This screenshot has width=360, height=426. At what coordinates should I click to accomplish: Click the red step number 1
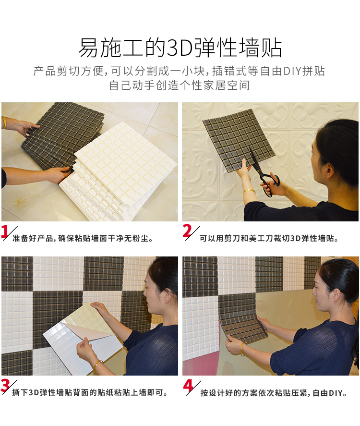pyautogui.click(x=5, y=232)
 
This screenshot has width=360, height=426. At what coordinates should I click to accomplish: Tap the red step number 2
pyautogui.click(x=187, y=231)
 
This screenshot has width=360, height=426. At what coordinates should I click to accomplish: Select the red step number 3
pyautogui.click(x=5, y=386)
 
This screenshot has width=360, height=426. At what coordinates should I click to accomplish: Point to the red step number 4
pyautogui.click(x=188, y=386)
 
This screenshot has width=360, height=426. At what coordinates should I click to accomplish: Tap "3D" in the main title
pyautogui.click(x=179, y=48)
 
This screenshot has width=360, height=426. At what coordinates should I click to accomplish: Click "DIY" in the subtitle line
pyautogui.click(x=292, y=71)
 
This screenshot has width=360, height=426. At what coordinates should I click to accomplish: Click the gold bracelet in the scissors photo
pyautogui.click(x=249, y=191)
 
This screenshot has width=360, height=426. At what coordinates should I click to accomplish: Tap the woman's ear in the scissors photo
pyautogui.click(x=330, y=170)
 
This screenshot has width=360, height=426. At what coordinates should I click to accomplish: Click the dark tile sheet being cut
pyautogui.click(x=239, y=140)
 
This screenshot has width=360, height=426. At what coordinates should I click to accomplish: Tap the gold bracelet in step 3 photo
pyautogui.click(x=97, y=365)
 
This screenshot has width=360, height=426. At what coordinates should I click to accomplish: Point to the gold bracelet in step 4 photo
pyautogui.click(x=241, y=349)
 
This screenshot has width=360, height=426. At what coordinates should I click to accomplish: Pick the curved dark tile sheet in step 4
pyautogui.click(x=242, y=321)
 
